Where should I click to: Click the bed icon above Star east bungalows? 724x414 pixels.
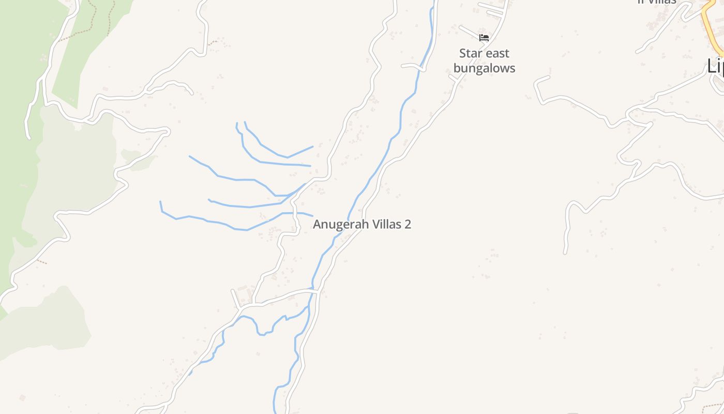click(484, 38)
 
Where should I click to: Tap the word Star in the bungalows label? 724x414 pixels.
click(471, 53)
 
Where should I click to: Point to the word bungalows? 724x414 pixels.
click(484, 68)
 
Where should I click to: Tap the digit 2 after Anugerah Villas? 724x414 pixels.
click(408, 225)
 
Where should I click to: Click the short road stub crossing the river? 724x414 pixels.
click(412, 65)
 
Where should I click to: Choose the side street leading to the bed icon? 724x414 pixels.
click(468, 32)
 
